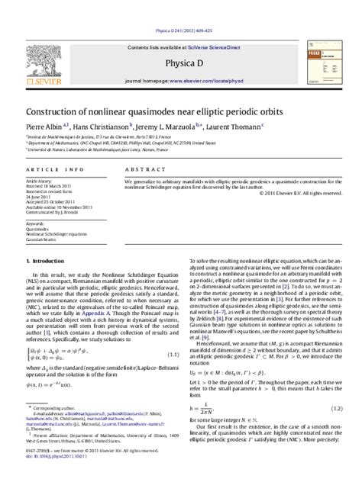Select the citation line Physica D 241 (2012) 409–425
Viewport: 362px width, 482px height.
point(181,10)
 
